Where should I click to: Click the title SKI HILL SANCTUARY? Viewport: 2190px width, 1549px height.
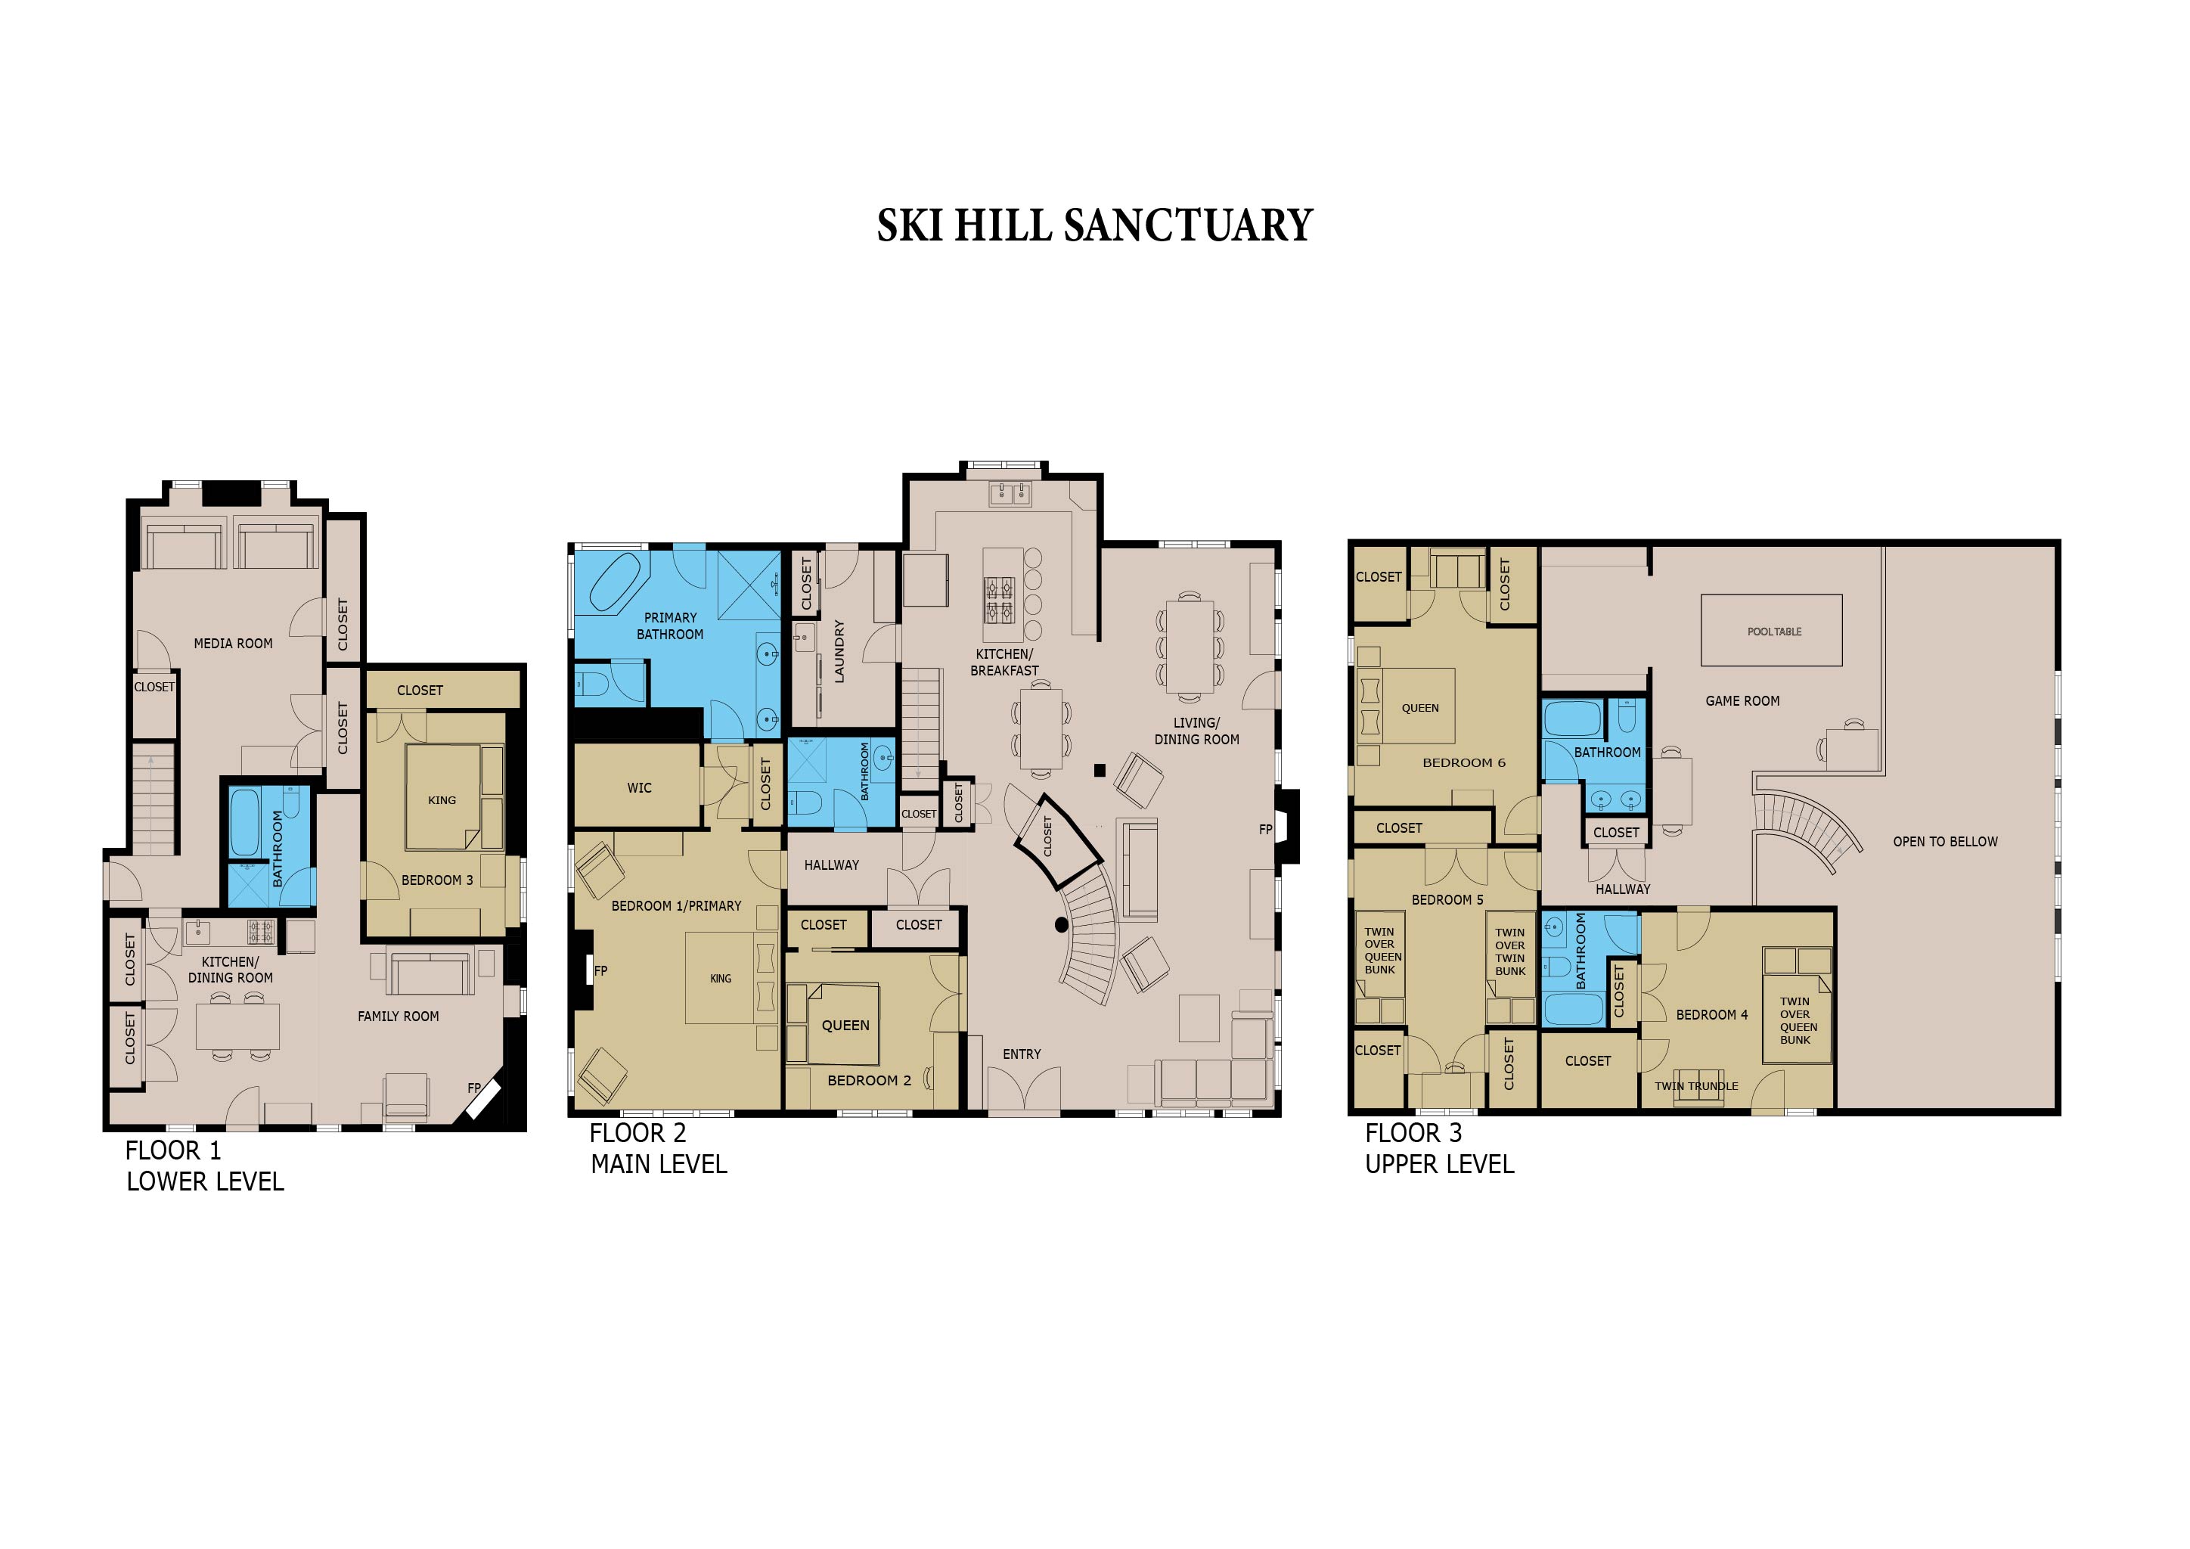point(1094,226)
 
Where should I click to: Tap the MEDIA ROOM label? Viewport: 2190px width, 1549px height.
point(233,644)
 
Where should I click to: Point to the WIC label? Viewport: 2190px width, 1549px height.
point(639,788)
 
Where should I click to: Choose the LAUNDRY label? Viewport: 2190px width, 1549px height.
point(839,650)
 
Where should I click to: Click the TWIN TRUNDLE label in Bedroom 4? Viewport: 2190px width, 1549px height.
point(1696,1085)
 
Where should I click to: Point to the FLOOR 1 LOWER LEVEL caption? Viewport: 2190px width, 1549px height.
point(204,1166)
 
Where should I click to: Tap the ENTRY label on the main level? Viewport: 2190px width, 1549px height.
point(1022,1054)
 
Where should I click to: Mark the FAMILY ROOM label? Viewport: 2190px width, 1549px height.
point(398,1017)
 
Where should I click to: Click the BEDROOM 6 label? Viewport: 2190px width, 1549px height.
point(1463,763)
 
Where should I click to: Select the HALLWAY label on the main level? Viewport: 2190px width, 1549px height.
point(831,865)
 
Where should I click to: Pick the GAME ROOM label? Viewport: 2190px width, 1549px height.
point(1742,701)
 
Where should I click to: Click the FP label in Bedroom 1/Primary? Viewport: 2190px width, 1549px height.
point(601,971)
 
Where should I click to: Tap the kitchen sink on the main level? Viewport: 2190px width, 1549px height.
point(1010,494)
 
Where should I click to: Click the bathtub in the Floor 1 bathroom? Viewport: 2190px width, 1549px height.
point(245,822)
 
